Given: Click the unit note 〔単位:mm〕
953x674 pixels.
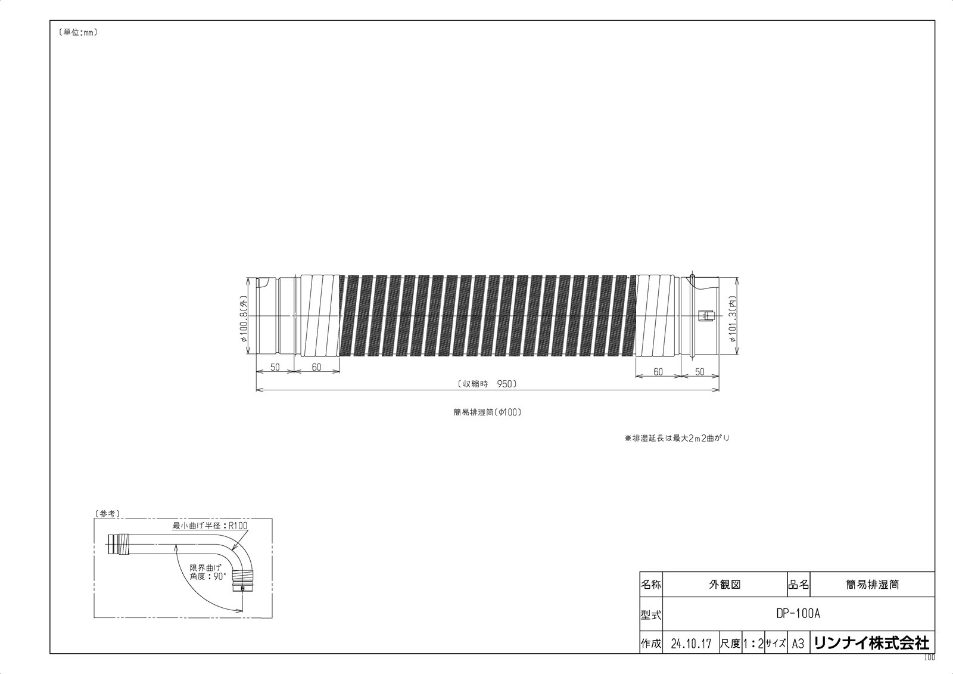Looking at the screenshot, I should (78, 33).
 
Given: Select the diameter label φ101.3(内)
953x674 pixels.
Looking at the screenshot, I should (733, 322).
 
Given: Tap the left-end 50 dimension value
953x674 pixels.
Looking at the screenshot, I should (275, 368).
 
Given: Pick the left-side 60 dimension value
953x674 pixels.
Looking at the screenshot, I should (316, 368).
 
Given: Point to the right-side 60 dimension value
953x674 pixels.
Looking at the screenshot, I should (658, 372).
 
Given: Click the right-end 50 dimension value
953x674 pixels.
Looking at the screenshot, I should (699, 372).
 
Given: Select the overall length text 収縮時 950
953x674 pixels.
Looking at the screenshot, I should (487, 384).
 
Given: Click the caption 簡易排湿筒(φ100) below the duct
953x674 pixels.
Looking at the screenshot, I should (487, 412).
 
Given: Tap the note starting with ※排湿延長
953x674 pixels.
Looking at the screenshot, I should (677, 438).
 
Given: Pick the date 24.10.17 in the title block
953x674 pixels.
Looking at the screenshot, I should (690, 644).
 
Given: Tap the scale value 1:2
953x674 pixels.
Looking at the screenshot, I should (753, 644).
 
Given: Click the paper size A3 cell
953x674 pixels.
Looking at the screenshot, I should (798, 644).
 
